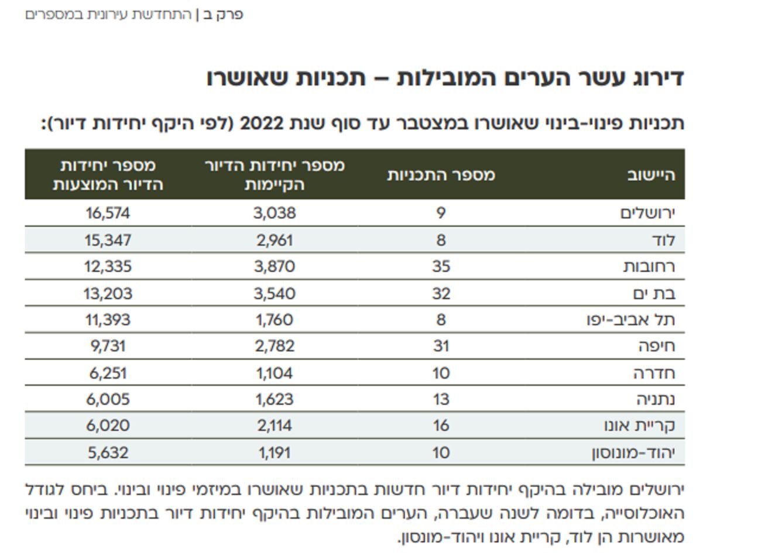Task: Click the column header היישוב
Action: (x=651, y=175)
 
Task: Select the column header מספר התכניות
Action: (x=441, y=175)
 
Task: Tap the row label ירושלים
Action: (x=647, y=213)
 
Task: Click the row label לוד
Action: (x=663, y=240)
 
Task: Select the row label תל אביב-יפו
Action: (x=630, y=320)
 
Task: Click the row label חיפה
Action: (x=656, y=347)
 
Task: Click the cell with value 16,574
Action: (x=108, y=213)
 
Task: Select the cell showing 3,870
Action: (x=275, y=267)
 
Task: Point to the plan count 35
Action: (x=441, y=267)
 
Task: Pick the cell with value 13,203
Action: (x=108, y=293)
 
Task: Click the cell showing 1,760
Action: (x=275, y=320)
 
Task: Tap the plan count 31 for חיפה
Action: (x=441, y=347)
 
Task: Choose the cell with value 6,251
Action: (x=108, y=373)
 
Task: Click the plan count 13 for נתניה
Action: (x=441, y=400)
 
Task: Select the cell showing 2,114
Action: (x=275, y=426)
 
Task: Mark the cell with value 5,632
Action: (x=108, y=453)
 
